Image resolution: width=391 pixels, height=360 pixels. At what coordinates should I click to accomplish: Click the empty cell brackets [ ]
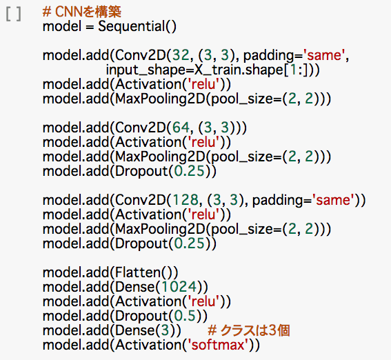tap(14, 14)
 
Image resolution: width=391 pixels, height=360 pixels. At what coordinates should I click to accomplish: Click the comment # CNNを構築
tap(82, 12)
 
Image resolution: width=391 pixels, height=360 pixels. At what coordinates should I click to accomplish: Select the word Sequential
tap(132, 26)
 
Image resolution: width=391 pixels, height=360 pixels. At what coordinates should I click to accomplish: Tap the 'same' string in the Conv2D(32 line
tap(324, 55)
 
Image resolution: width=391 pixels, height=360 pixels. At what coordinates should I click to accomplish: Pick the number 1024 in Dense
tap(179, 287)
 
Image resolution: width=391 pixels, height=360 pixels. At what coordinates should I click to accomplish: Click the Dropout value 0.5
tap(185, 316)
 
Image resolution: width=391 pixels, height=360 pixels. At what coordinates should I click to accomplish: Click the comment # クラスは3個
tap(249, 330)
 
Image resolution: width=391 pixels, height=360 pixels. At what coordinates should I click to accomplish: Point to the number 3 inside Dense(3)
tap(165, 330)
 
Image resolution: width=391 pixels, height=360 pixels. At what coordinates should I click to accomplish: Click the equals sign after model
tap(90, 27)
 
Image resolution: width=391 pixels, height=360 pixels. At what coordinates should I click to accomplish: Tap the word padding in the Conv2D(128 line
tap(277, 200)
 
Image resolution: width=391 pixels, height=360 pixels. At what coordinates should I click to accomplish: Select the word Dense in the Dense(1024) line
tap(135, 287)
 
